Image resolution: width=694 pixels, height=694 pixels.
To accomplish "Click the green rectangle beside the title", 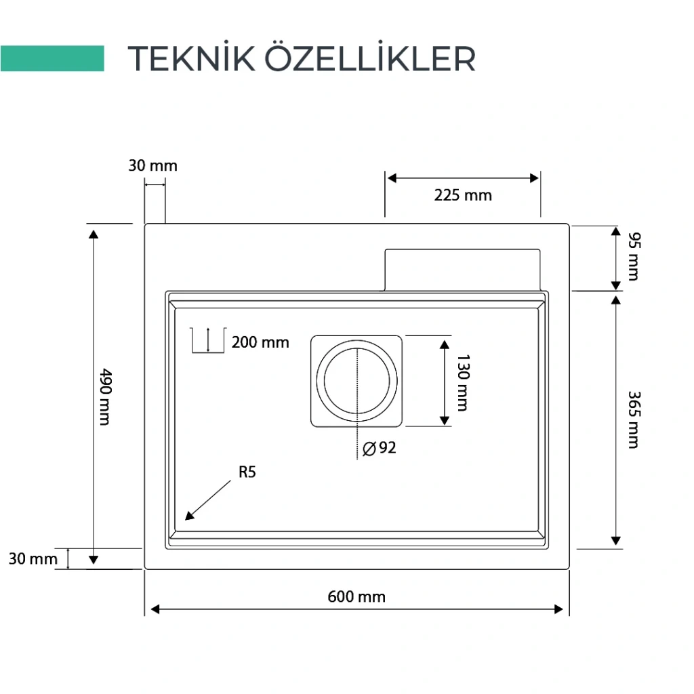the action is click(52, 58).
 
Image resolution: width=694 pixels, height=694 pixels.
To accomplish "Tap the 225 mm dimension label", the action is click(463, 195).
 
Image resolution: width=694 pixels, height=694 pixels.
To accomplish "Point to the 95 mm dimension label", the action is click(634, 256).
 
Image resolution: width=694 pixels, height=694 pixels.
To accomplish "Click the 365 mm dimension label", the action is click(634, 420).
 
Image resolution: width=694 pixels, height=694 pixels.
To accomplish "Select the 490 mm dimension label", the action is click(105, 397).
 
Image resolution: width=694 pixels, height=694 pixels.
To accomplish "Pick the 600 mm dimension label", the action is click(356, 596).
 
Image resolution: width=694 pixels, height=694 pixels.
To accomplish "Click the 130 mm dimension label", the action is click(462, 382).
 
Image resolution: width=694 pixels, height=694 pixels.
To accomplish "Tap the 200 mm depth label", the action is click(260, 342).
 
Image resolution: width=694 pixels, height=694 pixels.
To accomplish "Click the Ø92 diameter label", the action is click(380, 448).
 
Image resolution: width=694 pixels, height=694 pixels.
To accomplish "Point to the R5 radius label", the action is click(247, 472).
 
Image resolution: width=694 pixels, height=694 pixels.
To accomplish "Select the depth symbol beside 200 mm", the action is click(208, 340).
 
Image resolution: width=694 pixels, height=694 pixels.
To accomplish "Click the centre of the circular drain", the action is click(356, 381).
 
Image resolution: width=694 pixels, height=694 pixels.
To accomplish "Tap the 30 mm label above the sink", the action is click(153, 165).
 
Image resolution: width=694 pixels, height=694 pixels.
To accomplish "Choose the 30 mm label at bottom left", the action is click(33, 558).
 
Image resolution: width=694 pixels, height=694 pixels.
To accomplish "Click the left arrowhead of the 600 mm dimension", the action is click(155, 609).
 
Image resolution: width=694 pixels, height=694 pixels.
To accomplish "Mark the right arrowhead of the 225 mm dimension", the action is click(534, 178).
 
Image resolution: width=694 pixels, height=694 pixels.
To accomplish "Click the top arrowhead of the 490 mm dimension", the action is click(94, 234).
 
